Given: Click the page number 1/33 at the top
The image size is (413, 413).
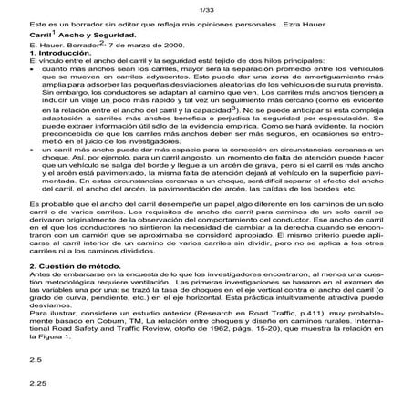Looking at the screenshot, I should pyautogui.click(x=205, y=8).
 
